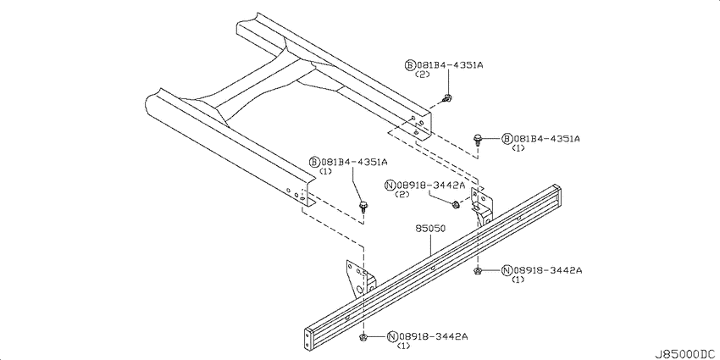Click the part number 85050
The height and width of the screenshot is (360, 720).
click(430, 228)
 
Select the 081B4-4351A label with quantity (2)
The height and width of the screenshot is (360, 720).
click(444, 65)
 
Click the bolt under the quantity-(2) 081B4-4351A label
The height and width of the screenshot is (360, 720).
click(446, 97)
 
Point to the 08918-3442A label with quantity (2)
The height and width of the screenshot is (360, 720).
click(424, 185)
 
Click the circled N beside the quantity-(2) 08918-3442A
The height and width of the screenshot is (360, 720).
click(390, 186)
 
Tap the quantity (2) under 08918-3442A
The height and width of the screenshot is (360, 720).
click(402, 194)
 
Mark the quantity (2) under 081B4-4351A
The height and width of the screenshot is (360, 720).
click(422, 74)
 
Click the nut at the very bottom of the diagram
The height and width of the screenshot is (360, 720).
click(363, 338)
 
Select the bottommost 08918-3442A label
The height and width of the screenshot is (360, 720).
click(428, 336)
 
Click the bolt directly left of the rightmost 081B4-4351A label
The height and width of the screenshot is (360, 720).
click(478, 139)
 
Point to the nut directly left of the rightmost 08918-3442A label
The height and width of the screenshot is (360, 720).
click(478, 271)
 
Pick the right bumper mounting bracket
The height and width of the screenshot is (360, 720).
click(482, 206)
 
